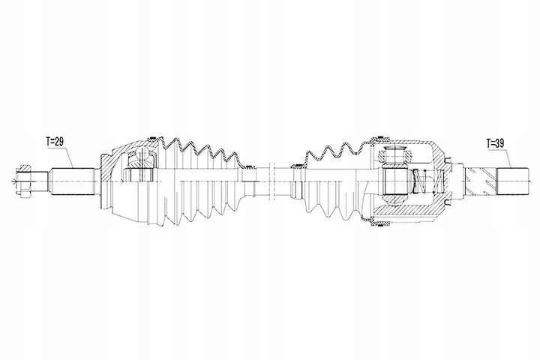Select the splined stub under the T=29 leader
coord(71,180)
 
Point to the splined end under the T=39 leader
coord(513,180)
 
